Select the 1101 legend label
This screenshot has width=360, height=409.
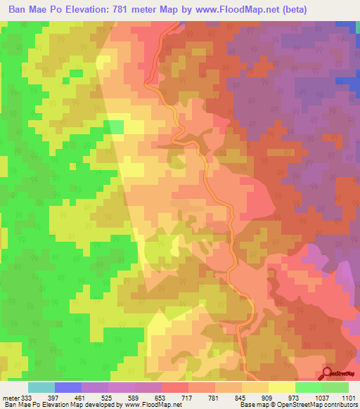(349, 398)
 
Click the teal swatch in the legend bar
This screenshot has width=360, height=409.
(41, 387)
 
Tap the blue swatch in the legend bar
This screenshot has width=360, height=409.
(68, 387)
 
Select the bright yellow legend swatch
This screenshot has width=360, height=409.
(281, 387)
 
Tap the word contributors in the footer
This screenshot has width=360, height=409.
(338, 405)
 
